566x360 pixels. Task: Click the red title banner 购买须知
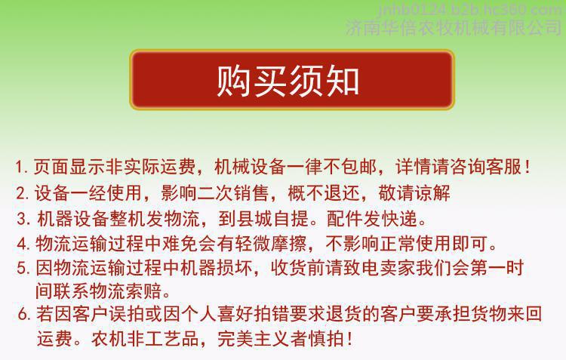[x=291, y=79]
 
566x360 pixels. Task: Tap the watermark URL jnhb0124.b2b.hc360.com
[x=470, y=9]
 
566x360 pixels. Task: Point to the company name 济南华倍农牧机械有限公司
[x=454, y=28]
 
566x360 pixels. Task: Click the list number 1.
[x=20, y=168]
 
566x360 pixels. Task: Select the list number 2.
[x=22, y=193]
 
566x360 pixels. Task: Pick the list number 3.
[x=23, y=219]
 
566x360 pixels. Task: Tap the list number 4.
[x=23, y=244]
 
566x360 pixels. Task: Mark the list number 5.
[x=23, y=268]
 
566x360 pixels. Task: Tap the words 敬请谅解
[x=414, y=193]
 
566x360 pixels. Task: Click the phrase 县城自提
[x=273, y=218]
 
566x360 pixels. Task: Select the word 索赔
[x=143, y=291]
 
